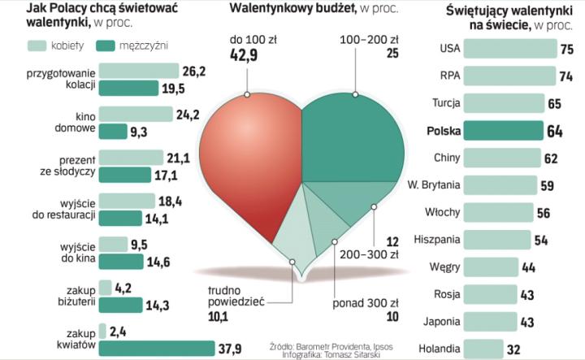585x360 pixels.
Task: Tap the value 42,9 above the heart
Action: [248, 54]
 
